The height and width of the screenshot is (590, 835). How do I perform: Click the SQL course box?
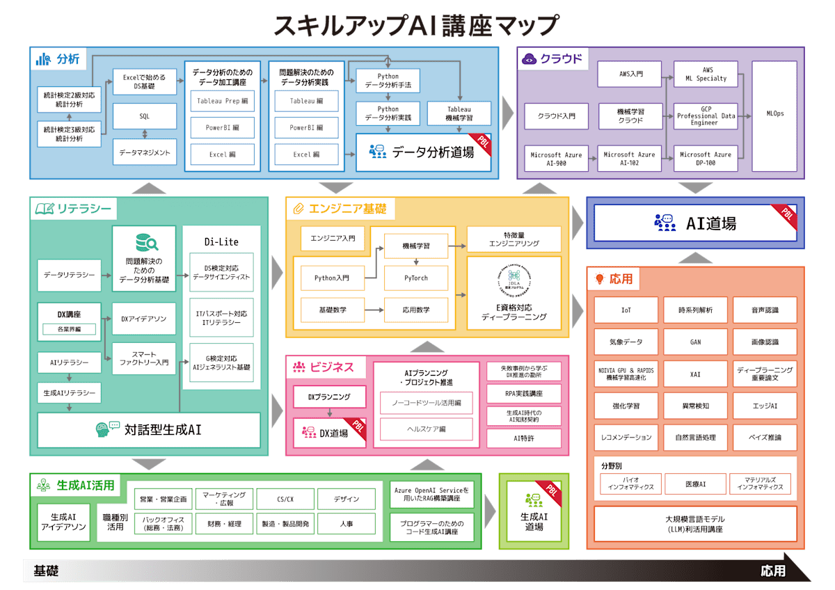[144, 116]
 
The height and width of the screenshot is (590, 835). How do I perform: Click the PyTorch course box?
[416, 278]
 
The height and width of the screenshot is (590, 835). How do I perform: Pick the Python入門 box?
[332, 278]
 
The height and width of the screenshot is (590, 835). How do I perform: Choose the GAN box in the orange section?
[695, 342]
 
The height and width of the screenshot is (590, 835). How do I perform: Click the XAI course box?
[695, 374]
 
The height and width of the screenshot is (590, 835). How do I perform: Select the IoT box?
[626, 310]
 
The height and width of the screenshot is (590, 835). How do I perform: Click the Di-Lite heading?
[221, 241]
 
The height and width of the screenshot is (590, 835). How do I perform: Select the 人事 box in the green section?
[347, 523]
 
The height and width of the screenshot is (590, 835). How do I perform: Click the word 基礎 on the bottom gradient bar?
[46, 571]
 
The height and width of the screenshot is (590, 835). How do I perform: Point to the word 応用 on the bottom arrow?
[773, 571]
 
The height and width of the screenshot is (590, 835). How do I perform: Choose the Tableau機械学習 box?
[459, 113]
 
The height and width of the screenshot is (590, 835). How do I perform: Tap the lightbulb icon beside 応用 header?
[599, 280]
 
